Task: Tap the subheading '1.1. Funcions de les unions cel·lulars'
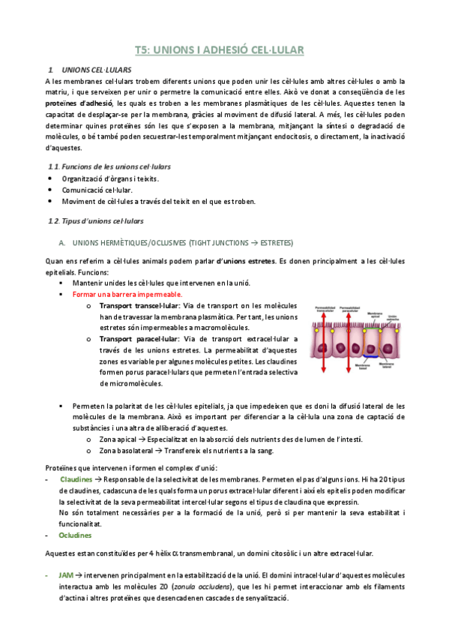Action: (x=109, y=166)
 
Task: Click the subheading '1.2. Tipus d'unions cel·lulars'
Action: (x=95, y=220)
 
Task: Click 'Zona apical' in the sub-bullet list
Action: (x=120, y=439)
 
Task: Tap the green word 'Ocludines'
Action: (x=75, y=535)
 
